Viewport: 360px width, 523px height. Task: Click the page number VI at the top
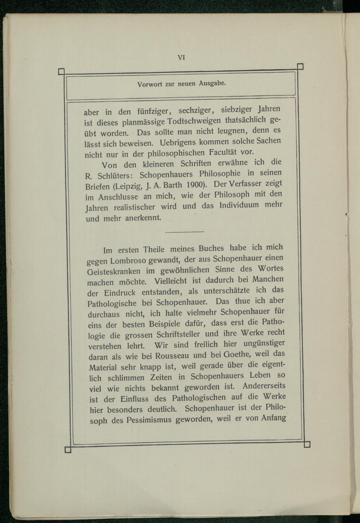[181, 57]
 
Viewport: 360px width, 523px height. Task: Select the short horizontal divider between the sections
[184, 231]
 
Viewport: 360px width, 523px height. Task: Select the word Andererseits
[264, 386]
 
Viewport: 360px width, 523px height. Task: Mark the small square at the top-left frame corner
[61, 72]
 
